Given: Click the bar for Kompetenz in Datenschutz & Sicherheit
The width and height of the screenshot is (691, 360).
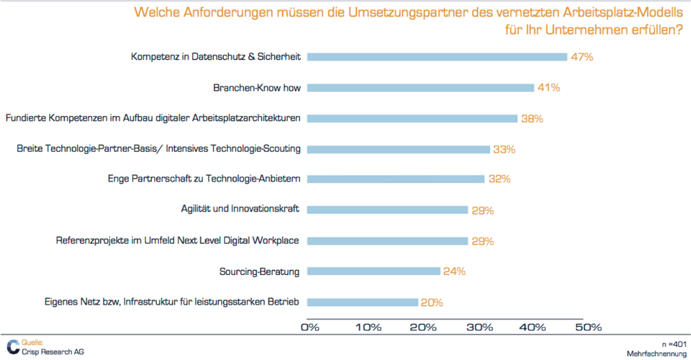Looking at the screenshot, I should click(437, 57).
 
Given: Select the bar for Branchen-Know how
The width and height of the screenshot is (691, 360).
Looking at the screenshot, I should click(420, 88).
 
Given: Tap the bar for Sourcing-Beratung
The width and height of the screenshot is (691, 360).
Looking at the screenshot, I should click(373, 271).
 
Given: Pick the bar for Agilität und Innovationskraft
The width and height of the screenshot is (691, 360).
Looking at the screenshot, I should click(387, 209).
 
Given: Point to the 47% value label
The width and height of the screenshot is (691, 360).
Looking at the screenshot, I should click(583, 57).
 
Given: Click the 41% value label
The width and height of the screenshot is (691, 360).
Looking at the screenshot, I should click(549, 88).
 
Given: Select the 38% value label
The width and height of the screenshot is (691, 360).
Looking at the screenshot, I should click(532, 118).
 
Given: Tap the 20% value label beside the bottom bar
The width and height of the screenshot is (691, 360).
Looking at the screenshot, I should click(432, 302).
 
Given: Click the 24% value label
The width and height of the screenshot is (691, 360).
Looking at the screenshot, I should click(454, 272).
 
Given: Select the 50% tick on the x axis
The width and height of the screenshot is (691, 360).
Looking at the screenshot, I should click(589, 326).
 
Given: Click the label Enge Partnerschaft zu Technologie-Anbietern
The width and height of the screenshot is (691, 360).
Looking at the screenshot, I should click(204, 179).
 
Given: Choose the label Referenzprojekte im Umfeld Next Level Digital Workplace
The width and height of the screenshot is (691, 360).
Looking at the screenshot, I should click(178, 240).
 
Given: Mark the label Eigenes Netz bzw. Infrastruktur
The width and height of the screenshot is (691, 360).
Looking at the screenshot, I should click(162, 302).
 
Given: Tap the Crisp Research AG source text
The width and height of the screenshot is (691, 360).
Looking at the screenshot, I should click(53, 351).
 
